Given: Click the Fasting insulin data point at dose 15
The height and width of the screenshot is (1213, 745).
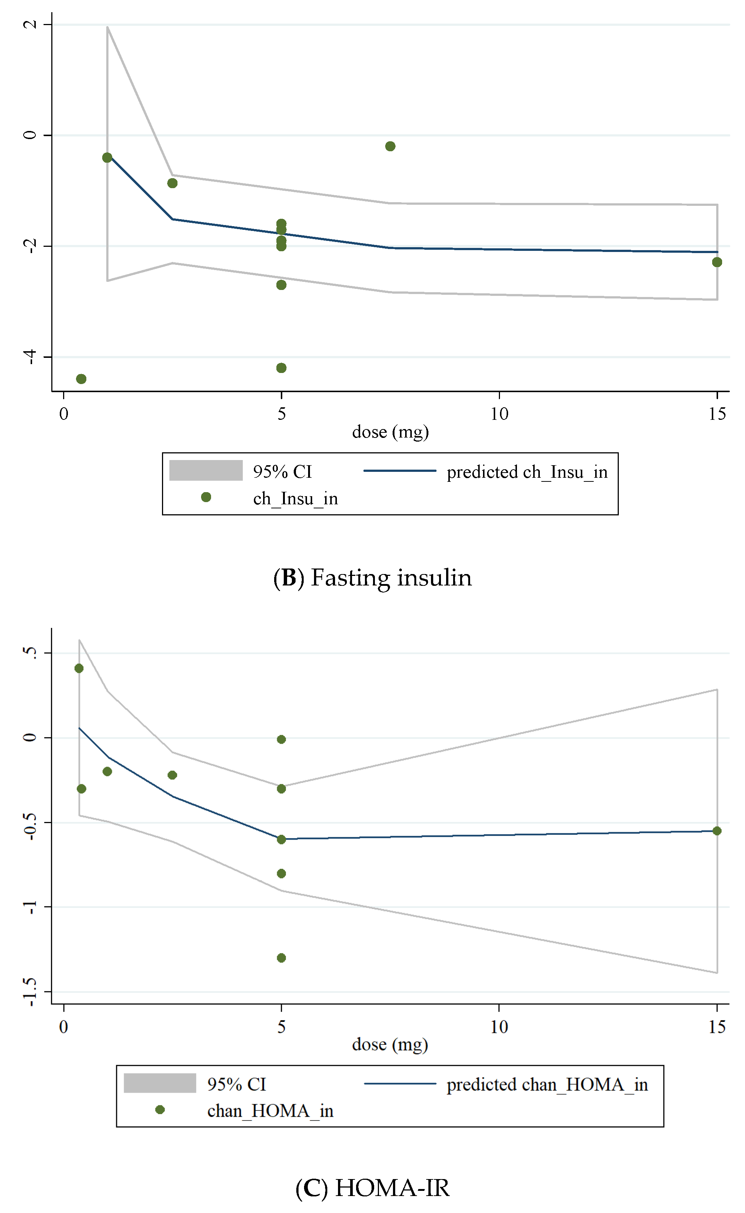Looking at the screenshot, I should [717, 262].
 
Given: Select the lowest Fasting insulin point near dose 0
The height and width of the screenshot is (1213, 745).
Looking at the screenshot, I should [81, 379].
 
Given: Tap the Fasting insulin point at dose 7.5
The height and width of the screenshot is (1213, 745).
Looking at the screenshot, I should [390, 146].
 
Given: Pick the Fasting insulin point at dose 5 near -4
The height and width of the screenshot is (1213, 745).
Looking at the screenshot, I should [281, 368].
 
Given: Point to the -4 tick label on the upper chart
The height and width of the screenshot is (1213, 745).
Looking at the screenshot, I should [31, 357].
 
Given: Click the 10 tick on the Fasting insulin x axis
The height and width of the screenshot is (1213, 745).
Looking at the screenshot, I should [499, 414].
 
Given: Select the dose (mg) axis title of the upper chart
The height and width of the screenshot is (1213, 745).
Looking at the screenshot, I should [390, 432].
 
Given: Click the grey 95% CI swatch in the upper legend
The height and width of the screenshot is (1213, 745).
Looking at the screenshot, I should [206, 470].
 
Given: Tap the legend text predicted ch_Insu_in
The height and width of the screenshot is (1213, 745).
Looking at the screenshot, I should [527, 472].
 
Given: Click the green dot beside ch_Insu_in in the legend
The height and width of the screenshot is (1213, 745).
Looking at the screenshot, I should [206, 497].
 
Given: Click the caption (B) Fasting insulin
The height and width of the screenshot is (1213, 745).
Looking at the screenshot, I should [373, 578].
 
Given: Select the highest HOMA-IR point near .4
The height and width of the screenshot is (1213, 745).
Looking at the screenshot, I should [79, 668].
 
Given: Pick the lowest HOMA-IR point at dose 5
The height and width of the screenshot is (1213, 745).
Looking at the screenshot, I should [281, 958].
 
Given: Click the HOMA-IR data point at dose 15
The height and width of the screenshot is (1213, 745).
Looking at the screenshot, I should [717, 831].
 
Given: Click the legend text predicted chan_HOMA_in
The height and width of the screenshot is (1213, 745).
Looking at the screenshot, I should [547, 1085].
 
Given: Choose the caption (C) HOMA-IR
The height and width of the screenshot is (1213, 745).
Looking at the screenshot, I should [373, 1188].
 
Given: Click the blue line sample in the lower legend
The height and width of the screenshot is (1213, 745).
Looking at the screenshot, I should [400, 1084].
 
